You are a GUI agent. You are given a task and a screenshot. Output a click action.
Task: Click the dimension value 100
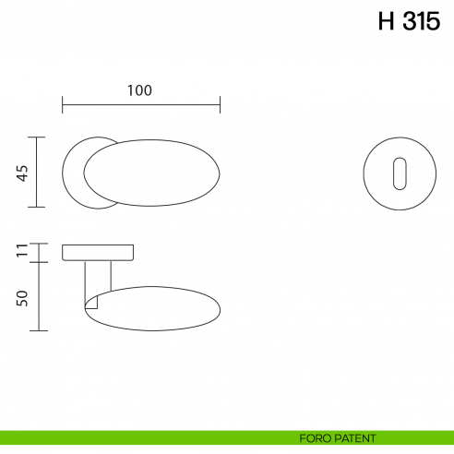click(139, 90)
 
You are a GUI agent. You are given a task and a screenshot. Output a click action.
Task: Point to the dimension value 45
click(23, 172)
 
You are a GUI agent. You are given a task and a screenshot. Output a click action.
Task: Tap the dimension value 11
click(23, 251)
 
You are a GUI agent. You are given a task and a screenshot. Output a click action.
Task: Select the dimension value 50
click(23, 297)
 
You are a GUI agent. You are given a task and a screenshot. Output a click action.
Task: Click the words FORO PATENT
click(337, 437)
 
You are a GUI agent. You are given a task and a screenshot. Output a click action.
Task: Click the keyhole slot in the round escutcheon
click(399, 173)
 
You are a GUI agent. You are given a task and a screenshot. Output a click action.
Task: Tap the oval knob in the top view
click(152, 173)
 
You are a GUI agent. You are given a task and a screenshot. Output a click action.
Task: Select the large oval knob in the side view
click(157, 307)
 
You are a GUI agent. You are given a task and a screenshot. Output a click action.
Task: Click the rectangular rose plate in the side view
click(99, 252)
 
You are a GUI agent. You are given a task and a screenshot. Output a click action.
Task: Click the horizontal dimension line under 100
click(140, 104)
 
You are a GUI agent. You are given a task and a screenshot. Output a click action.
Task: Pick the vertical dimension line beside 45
click(37, 172)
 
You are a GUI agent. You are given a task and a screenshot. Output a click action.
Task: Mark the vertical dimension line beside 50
click(37, 295)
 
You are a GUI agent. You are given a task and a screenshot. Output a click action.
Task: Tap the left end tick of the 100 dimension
click(62, 104)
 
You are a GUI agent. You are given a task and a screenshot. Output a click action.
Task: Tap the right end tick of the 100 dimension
click(220, 104)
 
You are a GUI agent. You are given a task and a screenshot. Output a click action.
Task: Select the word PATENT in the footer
click(355, 437)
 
